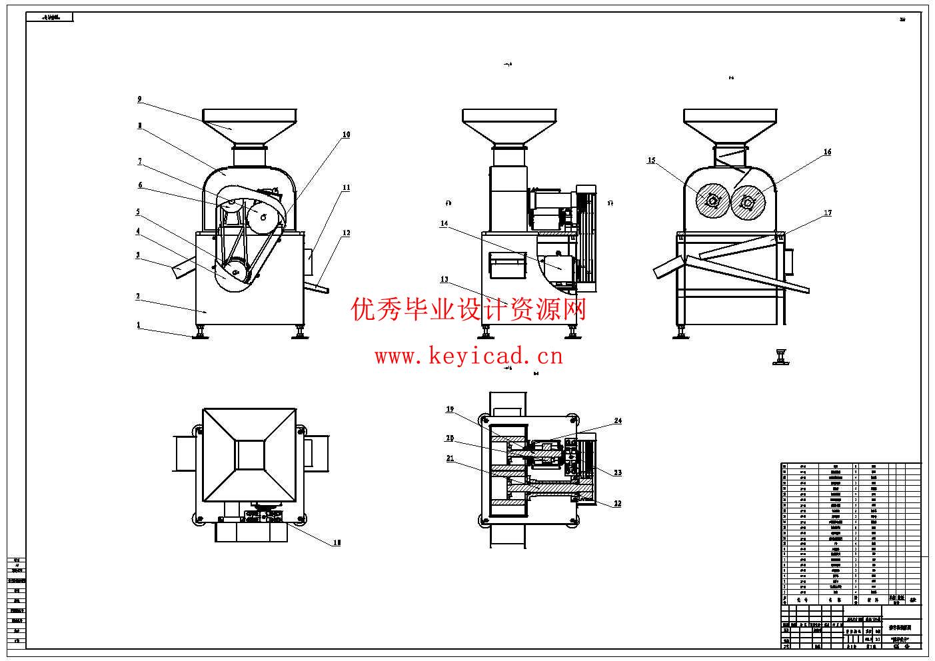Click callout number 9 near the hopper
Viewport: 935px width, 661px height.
[139, 99]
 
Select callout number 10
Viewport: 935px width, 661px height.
[346, 135]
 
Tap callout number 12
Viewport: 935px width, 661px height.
[346, 233]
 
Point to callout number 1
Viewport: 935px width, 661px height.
[139, 325]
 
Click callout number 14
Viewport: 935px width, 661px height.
[444, 224]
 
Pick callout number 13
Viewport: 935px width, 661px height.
[444, 280]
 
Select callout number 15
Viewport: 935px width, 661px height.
[651, 161]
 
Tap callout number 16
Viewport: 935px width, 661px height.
[827, 152]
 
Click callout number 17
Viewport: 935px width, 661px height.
[828, 213]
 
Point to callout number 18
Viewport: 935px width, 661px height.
[337, 543]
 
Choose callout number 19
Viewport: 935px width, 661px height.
[450, 409]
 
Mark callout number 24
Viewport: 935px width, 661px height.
[618, 421]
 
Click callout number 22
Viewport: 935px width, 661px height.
[618, 504]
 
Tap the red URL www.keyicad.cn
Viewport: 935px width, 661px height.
[468, 356]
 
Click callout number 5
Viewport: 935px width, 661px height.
[138, 213]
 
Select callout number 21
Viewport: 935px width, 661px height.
[450, 458]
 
